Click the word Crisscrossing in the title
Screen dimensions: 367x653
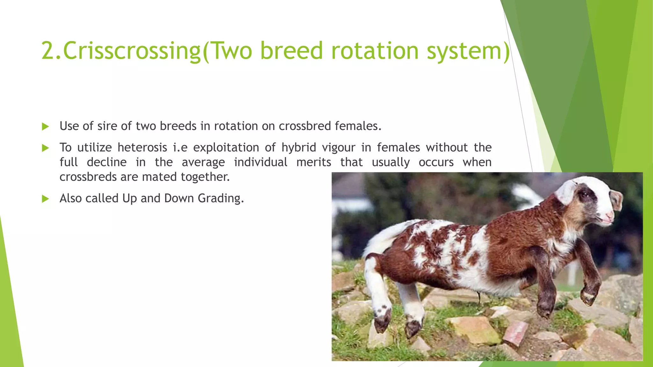[131, 51]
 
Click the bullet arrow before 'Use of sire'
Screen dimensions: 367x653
[45, 127]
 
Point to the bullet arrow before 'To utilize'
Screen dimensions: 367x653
[45, 148]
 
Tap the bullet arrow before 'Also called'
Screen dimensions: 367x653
[45, 199]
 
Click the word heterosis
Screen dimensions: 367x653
[142, 148]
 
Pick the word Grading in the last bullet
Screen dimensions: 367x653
[220, 198]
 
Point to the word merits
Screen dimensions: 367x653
[313, 162]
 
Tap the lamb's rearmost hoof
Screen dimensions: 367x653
[382, 322]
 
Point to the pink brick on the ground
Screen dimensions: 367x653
[516, 333]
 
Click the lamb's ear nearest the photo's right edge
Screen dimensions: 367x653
[616, 199]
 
